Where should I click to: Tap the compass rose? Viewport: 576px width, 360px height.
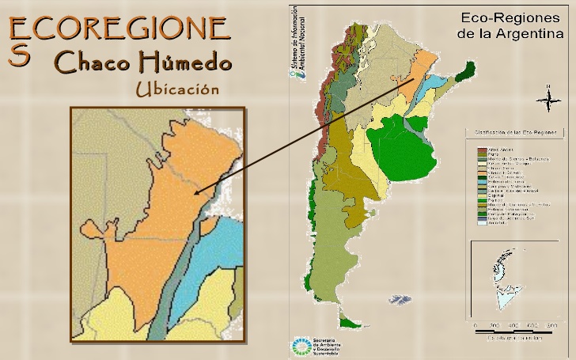[548, 99]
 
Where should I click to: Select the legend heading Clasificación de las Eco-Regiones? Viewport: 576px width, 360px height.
[515, 132]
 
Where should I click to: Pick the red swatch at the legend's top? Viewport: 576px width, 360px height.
[481, 150]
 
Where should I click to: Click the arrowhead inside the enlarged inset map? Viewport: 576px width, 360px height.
[197, 191]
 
